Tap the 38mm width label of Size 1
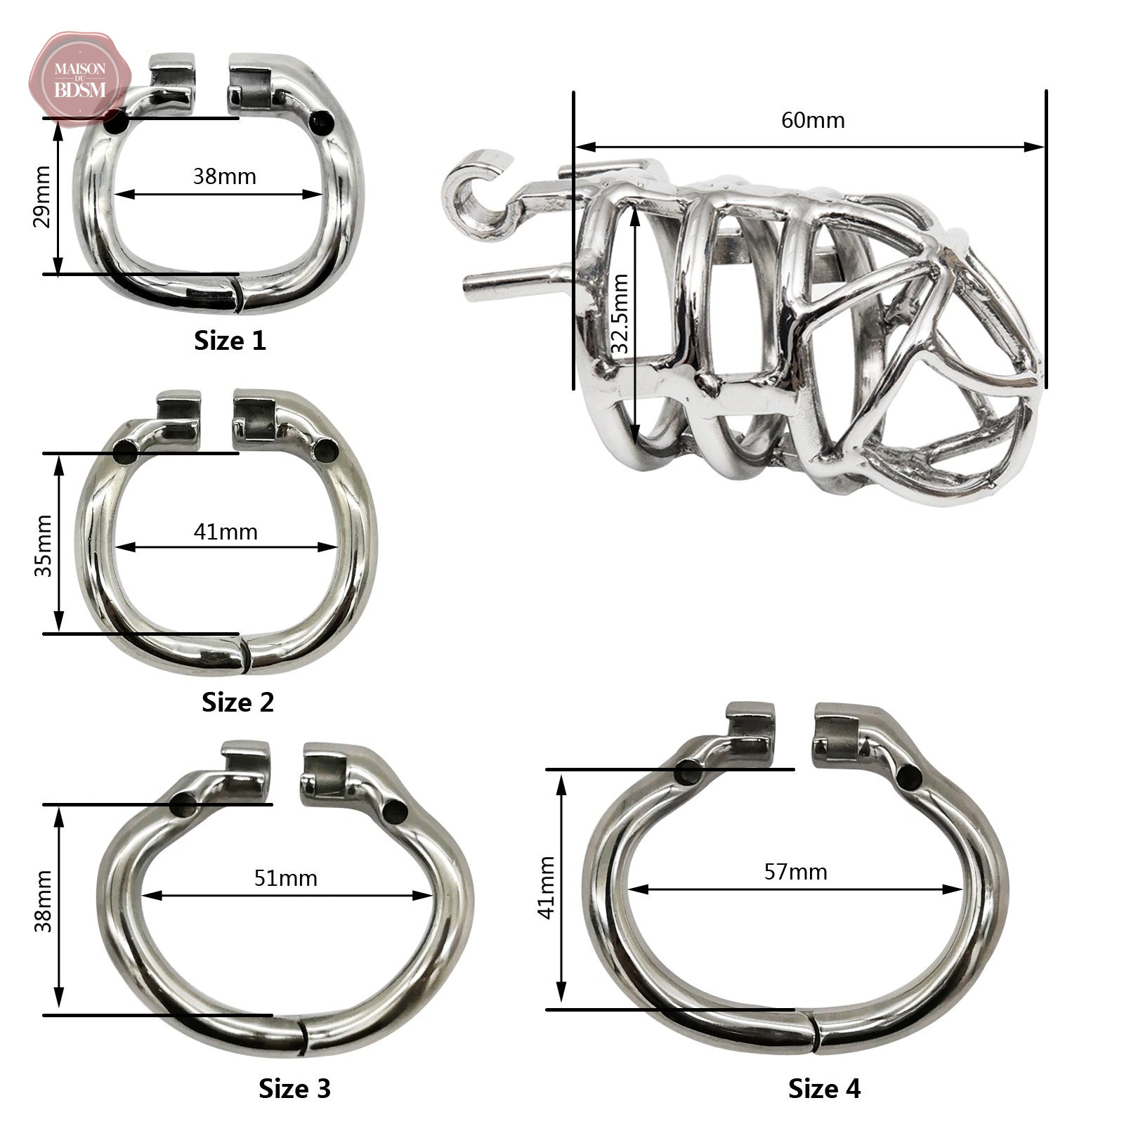225,176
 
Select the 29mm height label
42,197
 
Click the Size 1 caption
230,341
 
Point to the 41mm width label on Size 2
226,532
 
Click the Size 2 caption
237,702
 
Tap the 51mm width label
286,878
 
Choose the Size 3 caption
294,1088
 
